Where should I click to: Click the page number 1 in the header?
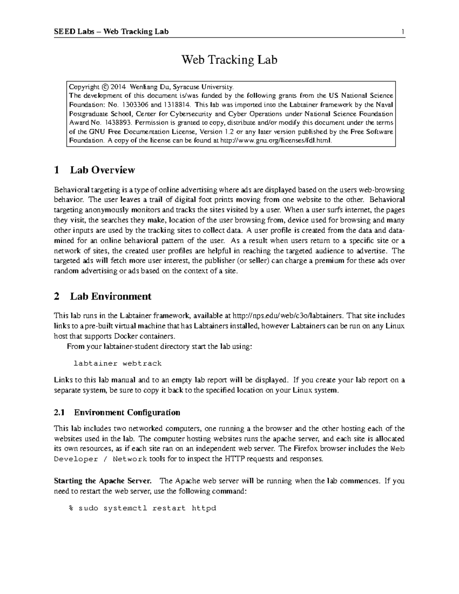coord(403,32)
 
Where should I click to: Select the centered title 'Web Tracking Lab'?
coord(229,60)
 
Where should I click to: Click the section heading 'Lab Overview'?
coord(102,170)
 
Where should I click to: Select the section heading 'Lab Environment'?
coord(111,296)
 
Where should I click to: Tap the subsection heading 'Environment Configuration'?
coord(127,413)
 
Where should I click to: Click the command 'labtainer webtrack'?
coord(117,363)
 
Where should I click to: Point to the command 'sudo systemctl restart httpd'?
coord(147,508)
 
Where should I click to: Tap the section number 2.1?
coord(59,413)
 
